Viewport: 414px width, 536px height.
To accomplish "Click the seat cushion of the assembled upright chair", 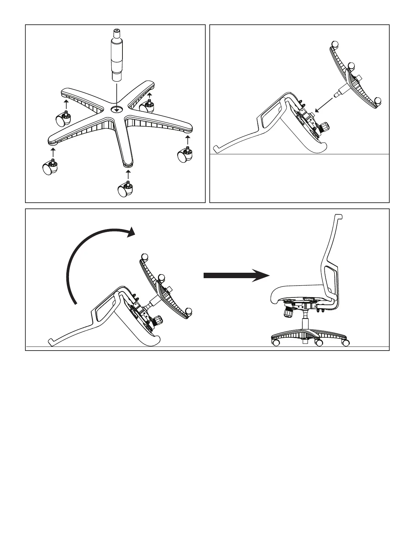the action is [298, 293].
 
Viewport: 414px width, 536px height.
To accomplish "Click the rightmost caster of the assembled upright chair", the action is [345, 343].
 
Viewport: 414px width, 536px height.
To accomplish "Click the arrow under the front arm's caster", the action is [128, 175].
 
